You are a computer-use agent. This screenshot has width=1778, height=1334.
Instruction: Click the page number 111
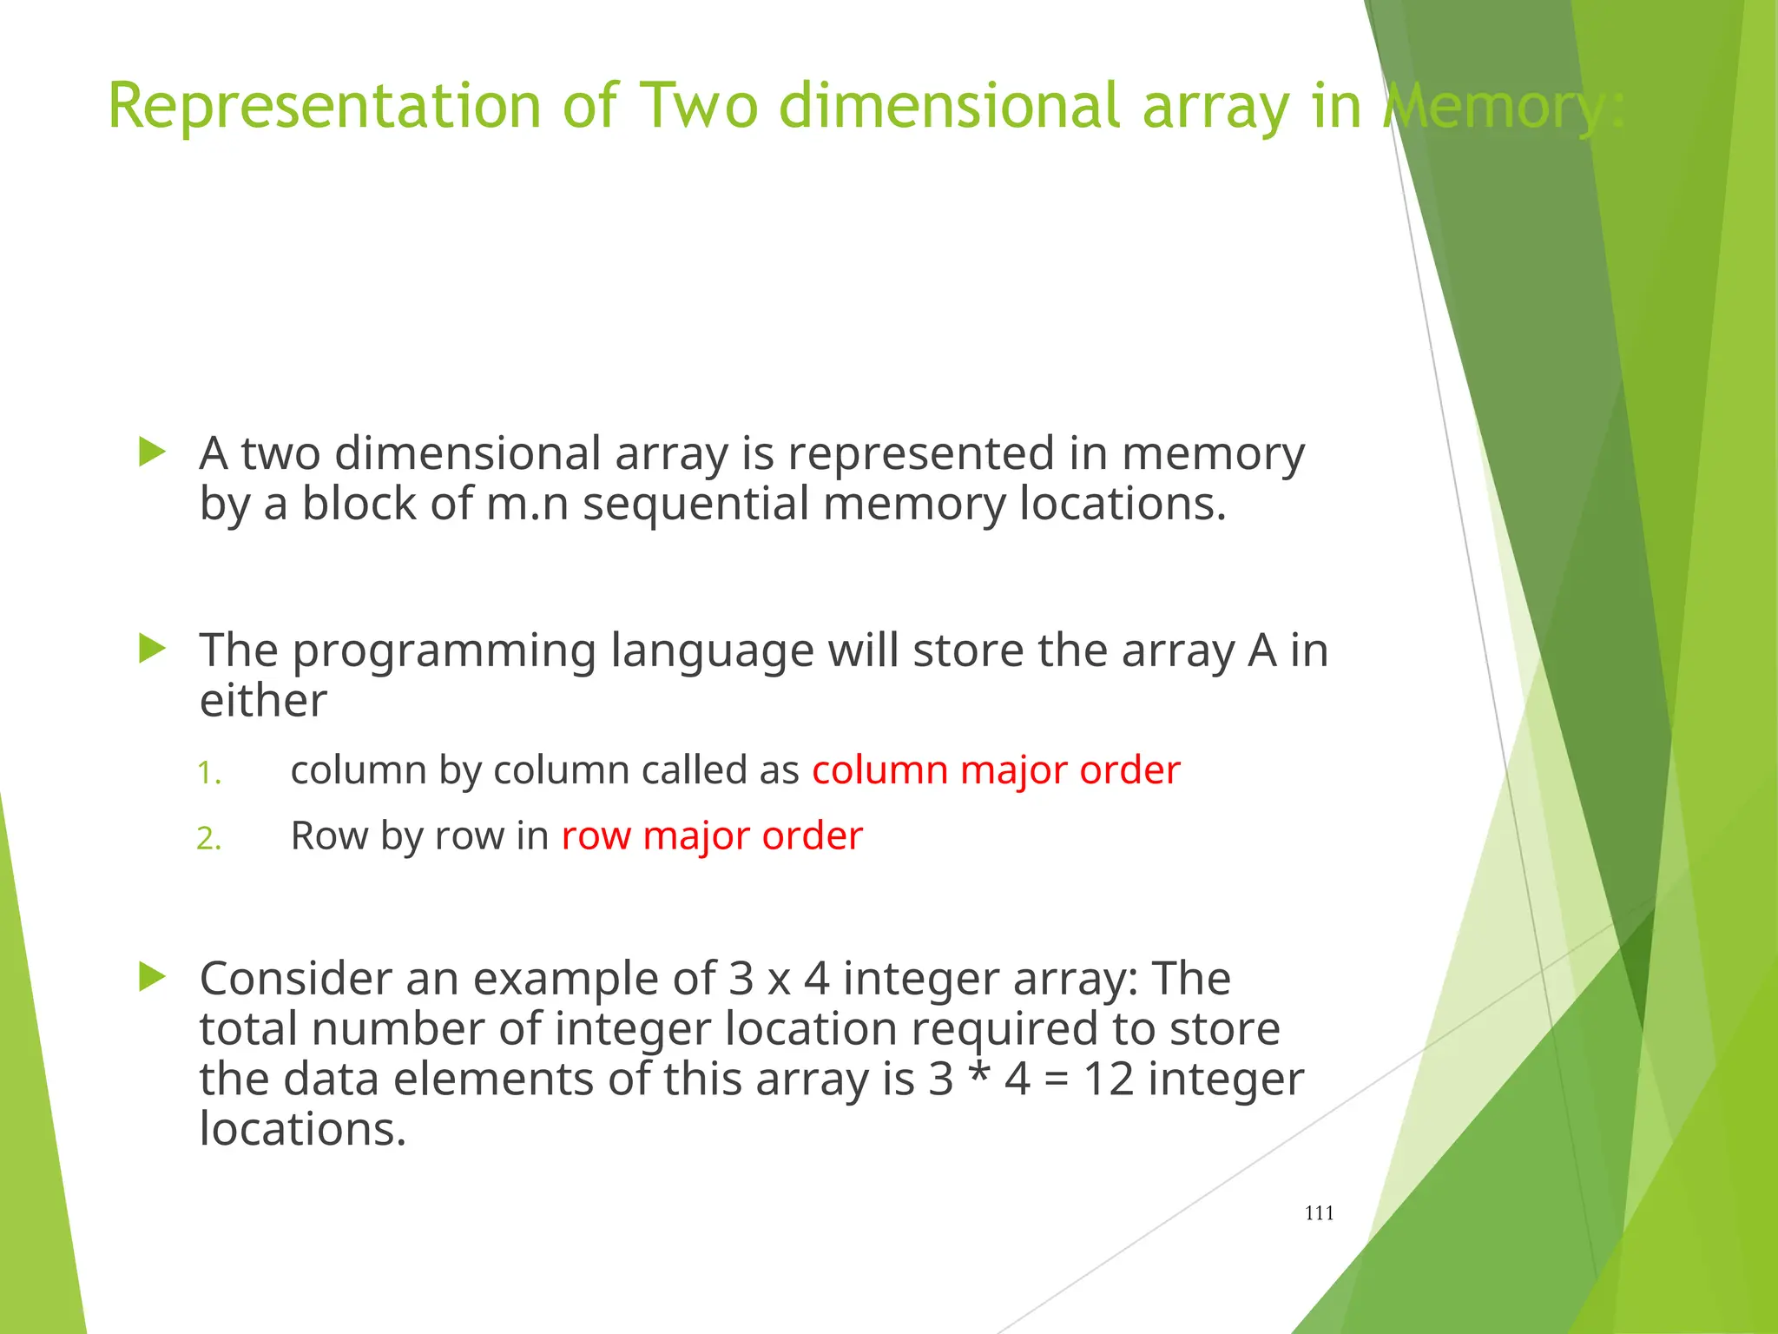pyautogui.click(x=1319, y=1213)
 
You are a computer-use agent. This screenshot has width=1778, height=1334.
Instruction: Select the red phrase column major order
pyautogui.click(x=996, y=770)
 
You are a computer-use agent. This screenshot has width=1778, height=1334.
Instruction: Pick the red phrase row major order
pyautogui.click(x=712, y=836)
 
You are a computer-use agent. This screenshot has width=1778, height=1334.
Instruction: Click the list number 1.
pyautogui.click(x=208, y=773)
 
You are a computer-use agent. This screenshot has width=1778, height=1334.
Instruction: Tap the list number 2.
pyautogui.click(x=208, y=839)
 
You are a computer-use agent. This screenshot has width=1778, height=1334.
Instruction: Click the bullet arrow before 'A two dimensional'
pyautogui.click(x=152, y=452)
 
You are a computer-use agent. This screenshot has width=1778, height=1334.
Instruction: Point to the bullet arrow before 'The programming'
pyautogui.click(x=152, y=649)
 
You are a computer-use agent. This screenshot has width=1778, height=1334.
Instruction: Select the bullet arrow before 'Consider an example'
pyautogui.click(x=152, y=977)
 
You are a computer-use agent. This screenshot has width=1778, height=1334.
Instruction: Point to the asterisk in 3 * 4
pyautogui.click(x=979, y=1074)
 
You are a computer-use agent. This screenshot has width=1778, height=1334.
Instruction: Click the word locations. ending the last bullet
pyautogui.click(x=302, y=1130)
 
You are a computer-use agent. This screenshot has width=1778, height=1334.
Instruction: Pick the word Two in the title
pyautogui.click(x=699, y=106)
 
